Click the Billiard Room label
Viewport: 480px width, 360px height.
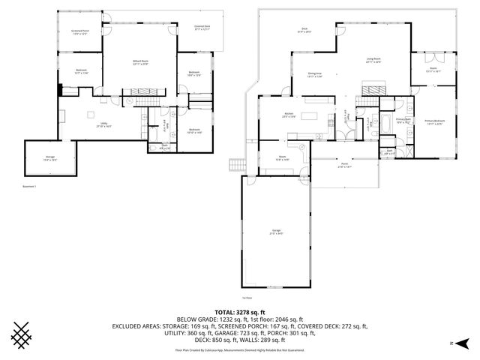point(140,61)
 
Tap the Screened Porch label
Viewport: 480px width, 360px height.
point(80,32)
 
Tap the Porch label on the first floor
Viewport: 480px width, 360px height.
point(344,166)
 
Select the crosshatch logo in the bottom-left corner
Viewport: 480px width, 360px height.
point(21,334)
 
